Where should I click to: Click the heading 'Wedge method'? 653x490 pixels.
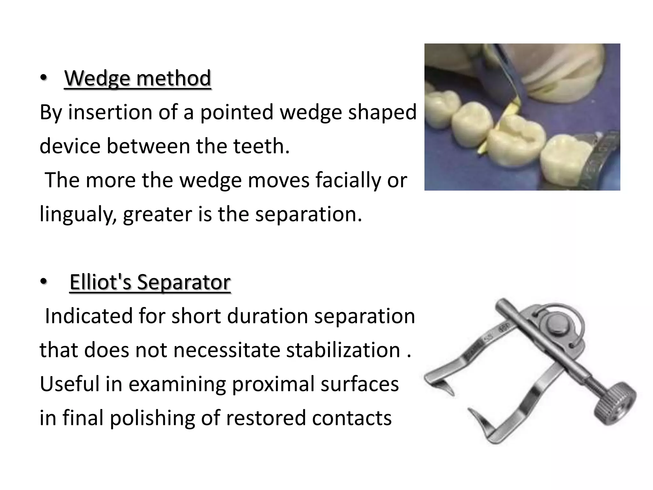pos(137,78)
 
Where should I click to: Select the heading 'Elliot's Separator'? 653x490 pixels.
pos(150,282)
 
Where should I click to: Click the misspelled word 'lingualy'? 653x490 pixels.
pos(78,214)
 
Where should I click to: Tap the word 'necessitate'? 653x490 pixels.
pos(230,350)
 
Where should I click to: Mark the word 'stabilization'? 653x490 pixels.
pos(343,350)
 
